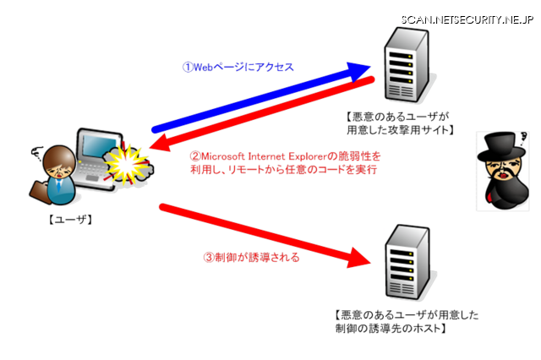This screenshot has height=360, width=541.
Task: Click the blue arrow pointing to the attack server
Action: (254, 96)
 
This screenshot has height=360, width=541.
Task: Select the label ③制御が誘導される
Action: (252, 258)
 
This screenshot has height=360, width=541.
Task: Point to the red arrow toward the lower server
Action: (254, 231)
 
